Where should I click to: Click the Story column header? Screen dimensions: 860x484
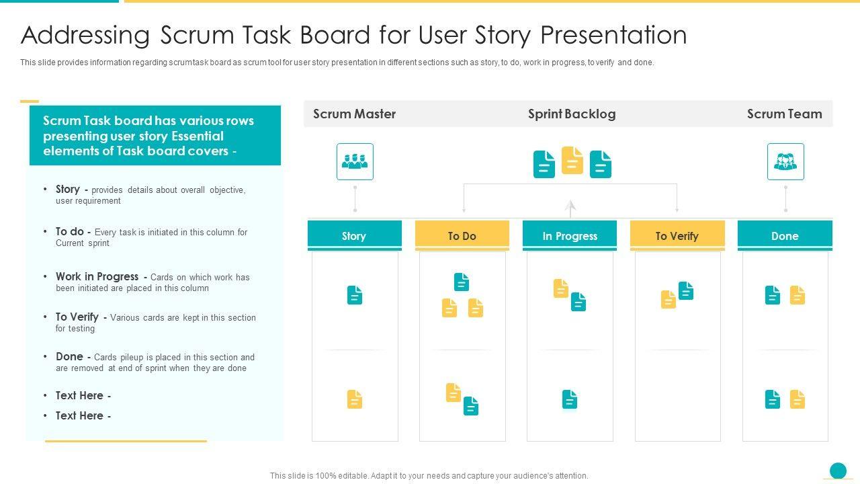click(x=354, y=235)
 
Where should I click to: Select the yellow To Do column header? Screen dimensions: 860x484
click(x=462, y=235)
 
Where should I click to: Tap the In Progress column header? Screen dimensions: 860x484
click(x=570, y=235)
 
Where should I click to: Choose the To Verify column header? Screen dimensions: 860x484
click(x=677, y=235)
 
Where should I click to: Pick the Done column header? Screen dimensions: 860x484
click(x=785, y=235)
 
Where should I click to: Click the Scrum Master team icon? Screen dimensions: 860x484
click(x=355, y=161)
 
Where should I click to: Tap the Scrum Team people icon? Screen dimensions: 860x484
click(x=785, y=161)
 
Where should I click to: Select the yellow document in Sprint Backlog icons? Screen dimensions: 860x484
click(x=572, y=161)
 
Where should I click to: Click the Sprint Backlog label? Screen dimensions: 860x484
click(x=572, y=114)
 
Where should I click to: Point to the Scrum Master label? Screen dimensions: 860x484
click(x=354, y=114)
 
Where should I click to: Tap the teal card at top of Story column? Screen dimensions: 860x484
click(x=355, y=295)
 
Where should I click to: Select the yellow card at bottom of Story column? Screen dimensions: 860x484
click(x=355, y=399)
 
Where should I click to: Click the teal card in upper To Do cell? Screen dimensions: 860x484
click(x=462, y=282)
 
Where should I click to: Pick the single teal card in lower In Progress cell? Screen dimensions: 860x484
click(x=570, y=399)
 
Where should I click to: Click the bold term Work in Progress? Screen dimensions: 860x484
click(x=97, y=276)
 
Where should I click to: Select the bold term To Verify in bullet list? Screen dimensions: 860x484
click(x=77, y=317)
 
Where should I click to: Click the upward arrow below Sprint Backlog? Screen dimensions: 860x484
click(x=570, y=208)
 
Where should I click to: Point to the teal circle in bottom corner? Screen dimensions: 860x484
click(x=838, y=470)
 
